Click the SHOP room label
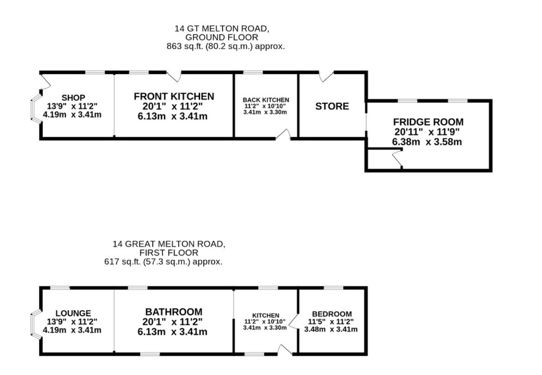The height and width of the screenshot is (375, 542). pos(73,98)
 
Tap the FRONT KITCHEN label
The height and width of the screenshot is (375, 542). pos(174,96)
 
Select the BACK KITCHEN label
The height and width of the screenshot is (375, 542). pos(266,100)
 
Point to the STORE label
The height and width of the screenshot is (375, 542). pos(332,106)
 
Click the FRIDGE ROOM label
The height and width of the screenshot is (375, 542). pos(428,122)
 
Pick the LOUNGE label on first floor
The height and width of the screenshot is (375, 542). pos(73,313)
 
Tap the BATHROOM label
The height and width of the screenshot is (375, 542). pos(174,311)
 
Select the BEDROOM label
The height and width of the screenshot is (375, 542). pos(331,314)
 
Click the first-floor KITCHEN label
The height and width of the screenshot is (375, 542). pos(265,315)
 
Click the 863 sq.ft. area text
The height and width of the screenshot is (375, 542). pos(226,46)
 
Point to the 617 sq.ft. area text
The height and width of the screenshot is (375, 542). pos(163,261)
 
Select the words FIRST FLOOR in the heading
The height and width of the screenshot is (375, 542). pos(169,252)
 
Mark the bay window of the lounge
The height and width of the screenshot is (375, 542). pos(35,323)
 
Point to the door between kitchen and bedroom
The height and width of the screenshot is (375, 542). pos(293,321)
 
